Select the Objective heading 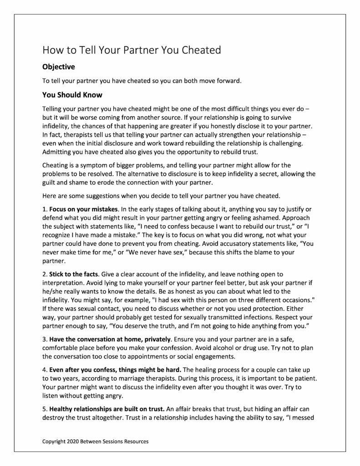pos(58,66)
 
